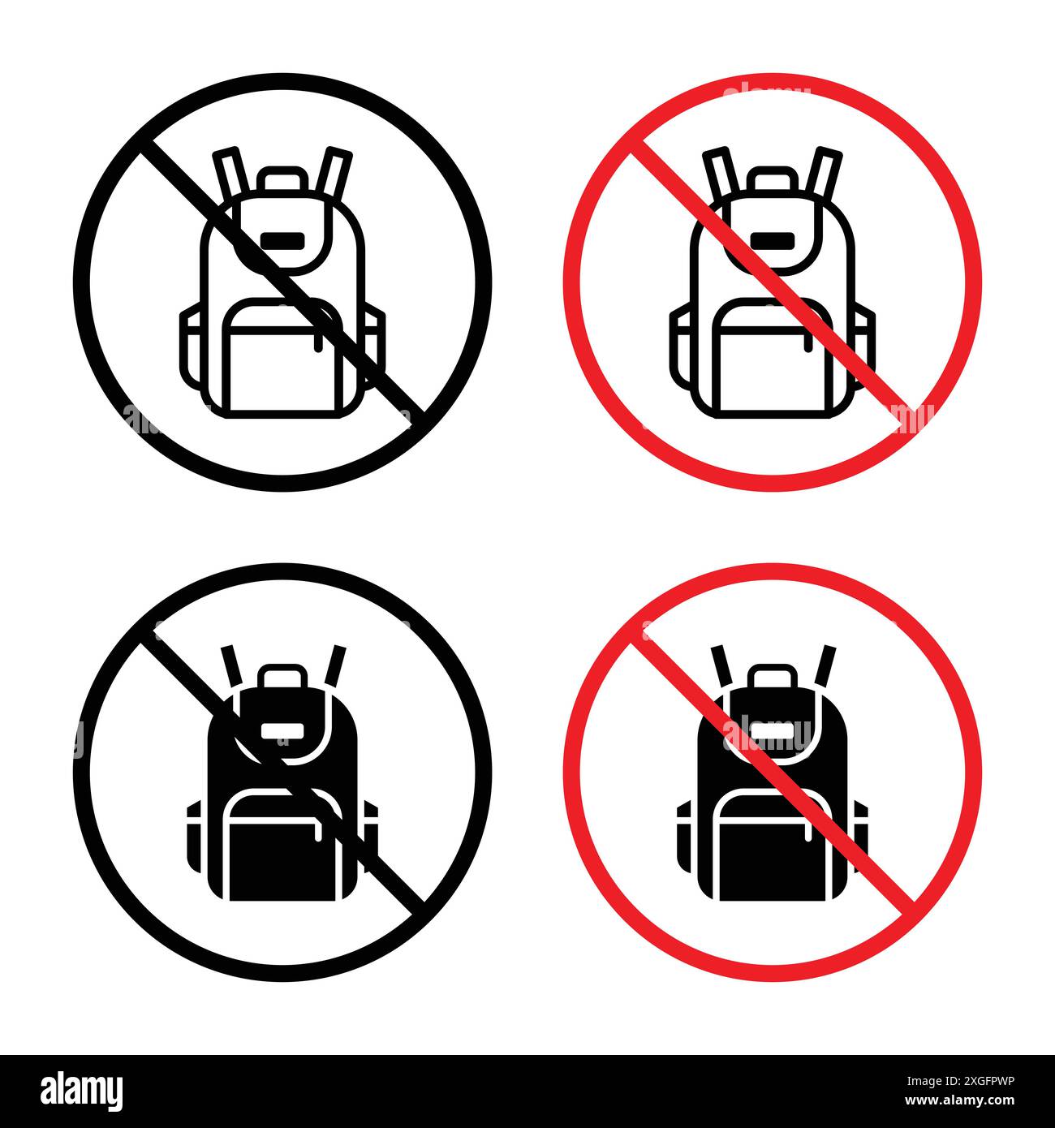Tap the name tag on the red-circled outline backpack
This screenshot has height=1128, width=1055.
(773, 240)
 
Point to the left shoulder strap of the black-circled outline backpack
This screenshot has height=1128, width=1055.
(230, 170)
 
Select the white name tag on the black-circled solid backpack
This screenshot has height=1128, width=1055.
(282, 730)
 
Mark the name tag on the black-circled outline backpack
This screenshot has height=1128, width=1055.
(282, 240)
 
